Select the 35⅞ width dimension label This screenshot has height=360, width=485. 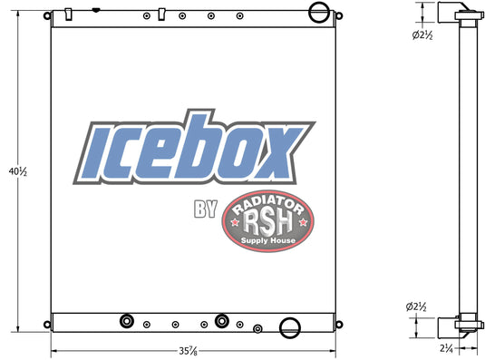[x=189, y=350]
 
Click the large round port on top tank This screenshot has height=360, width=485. [x=317, y=13]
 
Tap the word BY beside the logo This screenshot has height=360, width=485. [x=206, y=210]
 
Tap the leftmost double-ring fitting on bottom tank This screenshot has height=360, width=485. [x=126, y=322]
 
